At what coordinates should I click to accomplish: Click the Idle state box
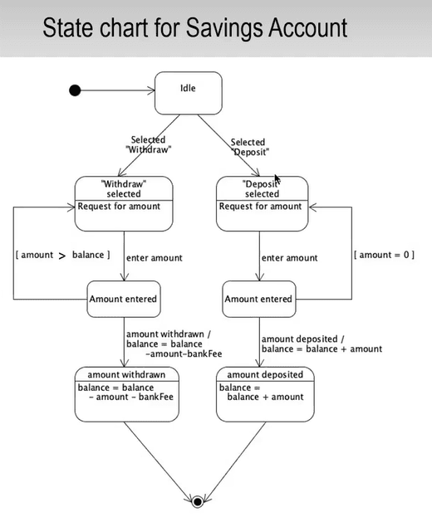pos(188,93)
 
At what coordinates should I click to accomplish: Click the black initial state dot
pos(75,90)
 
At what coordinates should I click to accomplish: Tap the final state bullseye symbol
pos(198,502)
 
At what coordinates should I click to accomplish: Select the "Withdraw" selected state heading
pos(124,188)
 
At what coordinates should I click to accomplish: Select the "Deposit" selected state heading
pos(262,188)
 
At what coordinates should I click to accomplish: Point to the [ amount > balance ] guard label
pos(62,255)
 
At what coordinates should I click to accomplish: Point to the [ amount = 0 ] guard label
pos(384,255)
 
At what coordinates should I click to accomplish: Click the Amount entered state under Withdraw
pos(124,299)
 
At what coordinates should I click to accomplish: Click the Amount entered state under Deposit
pos(259,299)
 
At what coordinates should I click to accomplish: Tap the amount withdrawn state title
pos(126,374)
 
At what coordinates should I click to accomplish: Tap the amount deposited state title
pos(265,374)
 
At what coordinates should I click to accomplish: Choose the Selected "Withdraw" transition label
pos(148,144)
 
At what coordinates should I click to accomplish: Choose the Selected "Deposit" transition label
pos(250,147)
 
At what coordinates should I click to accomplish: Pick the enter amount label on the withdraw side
pos(155,258)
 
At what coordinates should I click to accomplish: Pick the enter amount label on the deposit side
pos(289,258)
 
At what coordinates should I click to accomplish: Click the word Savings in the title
pos(225,29)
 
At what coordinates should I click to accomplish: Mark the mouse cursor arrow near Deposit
pos(277,179)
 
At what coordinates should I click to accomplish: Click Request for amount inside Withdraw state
pos(119,207)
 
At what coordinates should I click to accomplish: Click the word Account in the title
pos(308,27)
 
